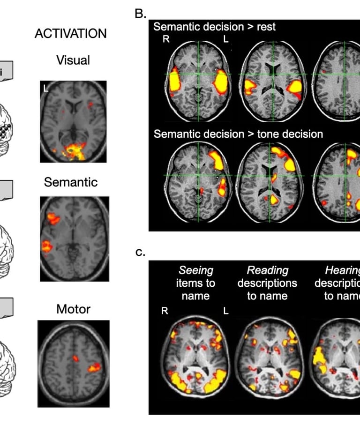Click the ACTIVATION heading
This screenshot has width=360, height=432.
tap(70, 34)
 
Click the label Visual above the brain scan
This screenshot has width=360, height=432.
tap(73, 60)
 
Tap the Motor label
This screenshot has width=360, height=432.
tap(73, 309)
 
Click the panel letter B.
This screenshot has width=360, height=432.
tap(141, 13)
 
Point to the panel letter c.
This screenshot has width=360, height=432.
tap(140, 253)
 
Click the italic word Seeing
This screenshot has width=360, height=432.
tap(196, 270)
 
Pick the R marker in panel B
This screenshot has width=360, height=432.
tap(166, 39)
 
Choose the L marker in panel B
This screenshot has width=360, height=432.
tap(226, 39)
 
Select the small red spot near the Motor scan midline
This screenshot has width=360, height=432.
tap(75, 359)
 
